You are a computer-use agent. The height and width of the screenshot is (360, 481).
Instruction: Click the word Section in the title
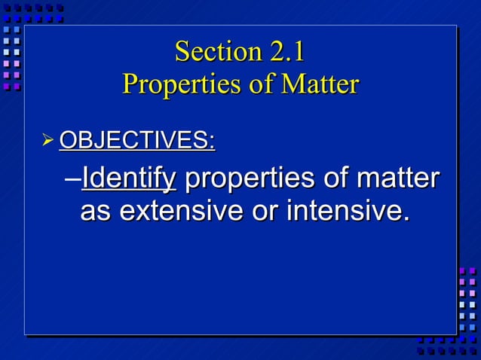click(217, 52)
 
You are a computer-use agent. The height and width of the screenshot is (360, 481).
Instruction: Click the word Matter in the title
click(320, 84)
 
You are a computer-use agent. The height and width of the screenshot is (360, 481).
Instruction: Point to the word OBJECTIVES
click(136, 140)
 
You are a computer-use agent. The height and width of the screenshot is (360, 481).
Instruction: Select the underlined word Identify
click(128, 179)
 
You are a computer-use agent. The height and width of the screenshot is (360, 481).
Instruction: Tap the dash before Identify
click(73, 181)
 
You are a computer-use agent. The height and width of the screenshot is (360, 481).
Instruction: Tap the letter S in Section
click(182, 52)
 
